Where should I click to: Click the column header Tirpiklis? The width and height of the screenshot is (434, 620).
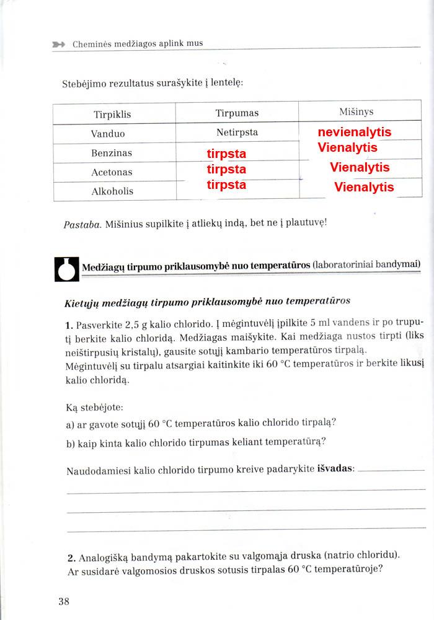coord(112,115)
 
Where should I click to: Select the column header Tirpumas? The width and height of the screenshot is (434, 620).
coord(237,113)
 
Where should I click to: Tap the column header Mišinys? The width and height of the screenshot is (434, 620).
coord(356,111)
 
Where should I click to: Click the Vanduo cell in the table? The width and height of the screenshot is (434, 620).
coord(108,134)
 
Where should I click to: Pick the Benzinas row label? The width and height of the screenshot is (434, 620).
coord(112,153)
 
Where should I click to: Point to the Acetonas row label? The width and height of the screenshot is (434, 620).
coord(112,172)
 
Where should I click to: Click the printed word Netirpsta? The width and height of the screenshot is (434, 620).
coord(237,133)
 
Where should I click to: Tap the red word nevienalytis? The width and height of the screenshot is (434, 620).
coord(354,132)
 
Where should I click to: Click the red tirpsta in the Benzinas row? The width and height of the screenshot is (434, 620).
coord(226,154)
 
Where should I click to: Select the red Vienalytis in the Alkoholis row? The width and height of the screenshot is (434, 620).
coord(364,187)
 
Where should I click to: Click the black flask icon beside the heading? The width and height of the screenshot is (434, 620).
coord(67,269)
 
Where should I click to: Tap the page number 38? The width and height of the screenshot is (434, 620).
coord(64,601)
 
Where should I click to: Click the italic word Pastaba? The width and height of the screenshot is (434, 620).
coord(82,225)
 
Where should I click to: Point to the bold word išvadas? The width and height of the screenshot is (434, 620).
coord(335,469)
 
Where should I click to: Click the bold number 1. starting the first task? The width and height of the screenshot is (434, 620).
coord(69,325)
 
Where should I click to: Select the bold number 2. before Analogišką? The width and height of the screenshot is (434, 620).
coord(71,554)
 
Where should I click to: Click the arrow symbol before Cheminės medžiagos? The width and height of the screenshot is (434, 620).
coord(59,44)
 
